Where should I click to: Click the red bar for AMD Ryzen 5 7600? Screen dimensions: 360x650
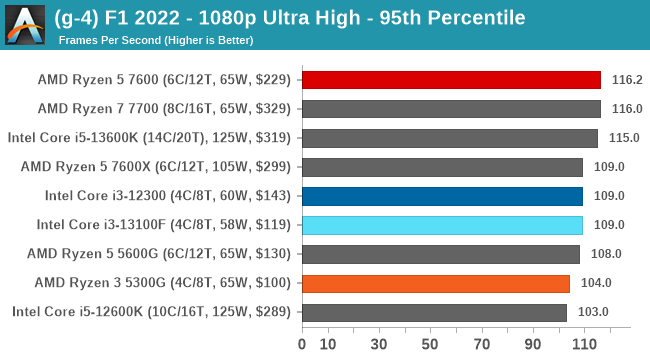[451, 79]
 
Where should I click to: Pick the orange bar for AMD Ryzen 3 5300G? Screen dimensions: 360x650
[436, 283]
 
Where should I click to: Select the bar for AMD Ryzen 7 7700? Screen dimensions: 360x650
[451, 108]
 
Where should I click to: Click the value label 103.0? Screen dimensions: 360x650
[592, 312]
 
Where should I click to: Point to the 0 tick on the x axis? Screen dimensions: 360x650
[302, 344]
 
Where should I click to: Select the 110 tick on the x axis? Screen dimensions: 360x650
[583, 344]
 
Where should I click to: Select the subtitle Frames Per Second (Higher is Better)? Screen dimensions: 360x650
[156, 40]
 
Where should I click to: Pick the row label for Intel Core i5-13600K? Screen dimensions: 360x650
[149, 138]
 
